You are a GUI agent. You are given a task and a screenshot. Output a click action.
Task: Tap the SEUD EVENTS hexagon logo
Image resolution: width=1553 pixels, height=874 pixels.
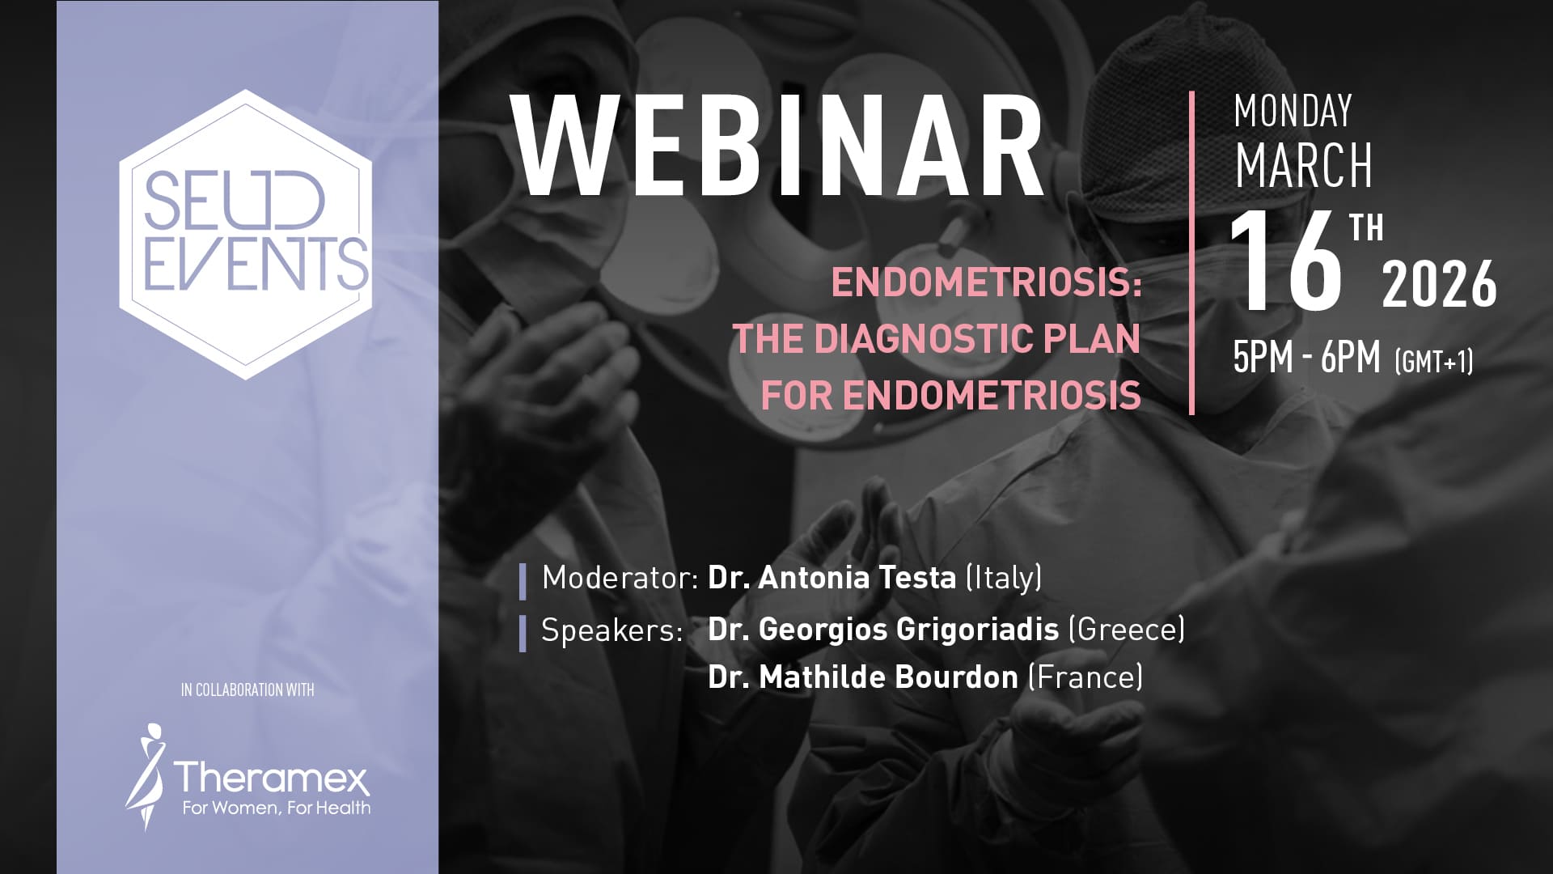tap(245, 234)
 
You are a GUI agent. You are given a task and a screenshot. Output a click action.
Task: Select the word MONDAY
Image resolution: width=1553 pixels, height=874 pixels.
tap(1293, 112)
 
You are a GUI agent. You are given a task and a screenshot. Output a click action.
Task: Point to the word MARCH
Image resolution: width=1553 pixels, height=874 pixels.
tap(1304, 165)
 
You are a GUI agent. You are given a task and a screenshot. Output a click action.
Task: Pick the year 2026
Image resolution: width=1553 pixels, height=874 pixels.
tap(1440, 285)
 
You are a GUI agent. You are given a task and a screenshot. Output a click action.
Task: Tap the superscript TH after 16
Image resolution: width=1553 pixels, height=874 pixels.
tap(1366, 228)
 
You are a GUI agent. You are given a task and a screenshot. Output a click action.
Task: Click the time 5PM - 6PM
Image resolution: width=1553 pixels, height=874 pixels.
tap(1306, 357)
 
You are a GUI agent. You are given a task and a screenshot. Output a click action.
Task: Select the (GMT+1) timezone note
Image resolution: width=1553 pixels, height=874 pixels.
tap(1434, 361)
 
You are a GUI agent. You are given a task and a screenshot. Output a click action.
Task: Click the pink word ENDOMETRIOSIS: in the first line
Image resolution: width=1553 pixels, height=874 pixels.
tap(987, 283)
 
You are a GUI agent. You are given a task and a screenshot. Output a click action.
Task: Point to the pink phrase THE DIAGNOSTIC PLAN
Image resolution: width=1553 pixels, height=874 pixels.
tap(937, 339)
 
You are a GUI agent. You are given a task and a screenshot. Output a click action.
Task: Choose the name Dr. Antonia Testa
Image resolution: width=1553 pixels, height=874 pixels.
tap(832, 578)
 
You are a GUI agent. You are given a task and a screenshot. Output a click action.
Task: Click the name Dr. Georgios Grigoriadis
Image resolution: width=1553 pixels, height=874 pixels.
tap(883, 629)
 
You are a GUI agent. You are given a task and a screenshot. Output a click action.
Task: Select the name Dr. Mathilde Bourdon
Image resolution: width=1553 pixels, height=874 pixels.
tap(863, 677)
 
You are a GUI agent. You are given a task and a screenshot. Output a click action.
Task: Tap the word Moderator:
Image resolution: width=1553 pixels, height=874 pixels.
tap(620, 578)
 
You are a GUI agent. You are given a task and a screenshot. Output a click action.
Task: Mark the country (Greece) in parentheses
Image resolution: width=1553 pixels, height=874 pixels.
tap(1127, 630)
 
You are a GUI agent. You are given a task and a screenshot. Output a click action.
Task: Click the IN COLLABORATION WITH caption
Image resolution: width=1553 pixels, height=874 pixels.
tap(248, 690)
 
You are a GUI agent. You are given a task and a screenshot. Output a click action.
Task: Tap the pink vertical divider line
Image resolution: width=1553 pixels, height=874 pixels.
tap(1191, 253)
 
